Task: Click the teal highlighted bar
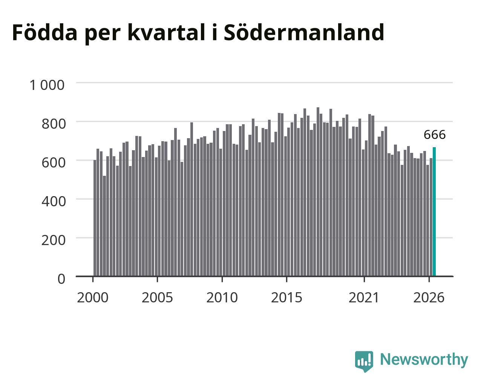coord(434,212)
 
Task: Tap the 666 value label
coord(435,135)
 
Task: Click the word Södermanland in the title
coord(304,32)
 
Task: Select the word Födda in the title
coord(45,32)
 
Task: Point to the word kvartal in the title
coord(166,32)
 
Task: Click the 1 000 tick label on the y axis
coord(47,85)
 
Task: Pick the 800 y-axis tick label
coord(54,124)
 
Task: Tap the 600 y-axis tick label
coord(54,163)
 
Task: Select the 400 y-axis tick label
coord(54,201)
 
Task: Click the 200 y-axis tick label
coord(54,240)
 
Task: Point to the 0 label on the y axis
coord(61,279)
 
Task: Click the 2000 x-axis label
coord(93,297)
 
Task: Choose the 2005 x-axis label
coord(157,297)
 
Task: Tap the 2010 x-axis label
coord(222,297)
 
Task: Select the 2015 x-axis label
coord(286,297)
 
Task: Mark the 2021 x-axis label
coord(364,297)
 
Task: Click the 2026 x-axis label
coord(429,297)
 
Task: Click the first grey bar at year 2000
coord(95,218)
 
